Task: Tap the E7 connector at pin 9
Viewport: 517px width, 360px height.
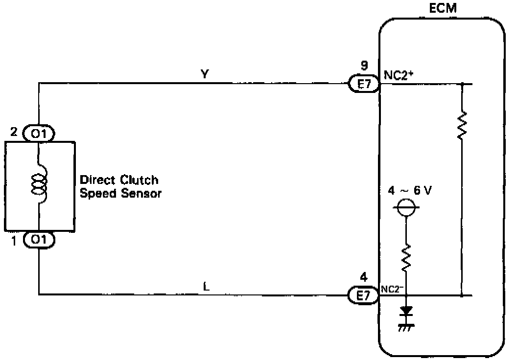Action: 363,85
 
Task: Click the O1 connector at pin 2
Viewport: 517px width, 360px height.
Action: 39,133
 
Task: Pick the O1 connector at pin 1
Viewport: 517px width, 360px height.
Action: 39,240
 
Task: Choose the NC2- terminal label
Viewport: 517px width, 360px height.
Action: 393,288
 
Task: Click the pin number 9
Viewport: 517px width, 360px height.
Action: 363,66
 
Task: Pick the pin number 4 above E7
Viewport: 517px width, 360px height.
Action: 363,277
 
